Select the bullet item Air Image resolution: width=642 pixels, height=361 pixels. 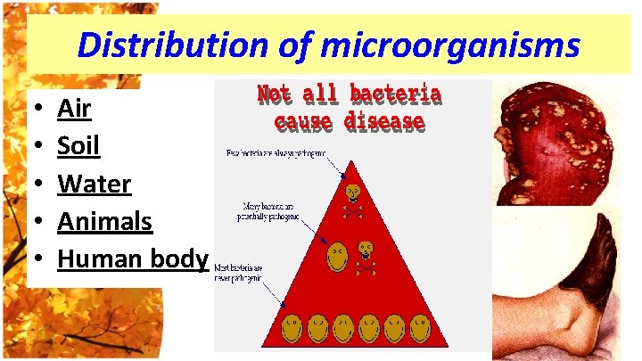[x=73, y=110]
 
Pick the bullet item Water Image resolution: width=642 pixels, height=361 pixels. [x=94, y=185]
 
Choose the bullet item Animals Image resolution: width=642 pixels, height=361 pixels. [x=104, y=221]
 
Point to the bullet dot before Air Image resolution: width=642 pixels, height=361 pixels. [x=33, y=111]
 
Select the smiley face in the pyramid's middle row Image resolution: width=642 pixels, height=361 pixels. [x=334, y=258]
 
